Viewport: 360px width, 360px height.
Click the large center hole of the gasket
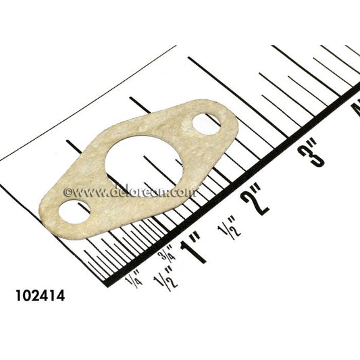pyautogui.click(x=144, y=161)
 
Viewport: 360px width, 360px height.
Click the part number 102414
pyautogui.click(x=40, y=296)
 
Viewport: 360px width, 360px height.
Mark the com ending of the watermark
pyautogui.click(x=185, y=192)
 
